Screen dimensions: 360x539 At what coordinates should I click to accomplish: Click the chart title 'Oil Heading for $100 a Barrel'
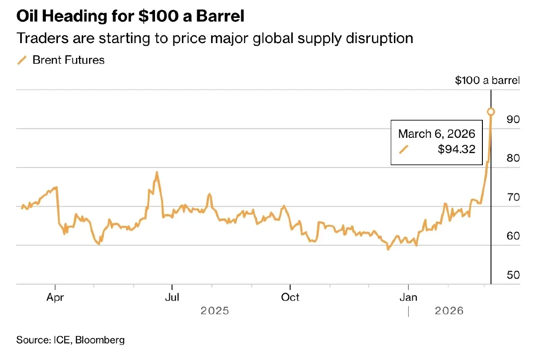(x=130, y=17)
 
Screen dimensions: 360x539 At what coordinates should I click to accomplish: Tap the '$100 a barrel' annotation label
(x=487, y=81)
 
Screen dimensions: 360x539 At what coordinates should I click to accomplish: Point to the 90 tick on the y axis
(x=513, y=119)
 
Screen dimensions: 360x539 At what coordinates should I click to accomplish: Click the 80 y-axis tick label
(x=513, y=158)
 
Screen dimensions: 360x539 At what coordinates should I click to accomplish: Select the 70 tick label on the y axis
(x=513, y=197)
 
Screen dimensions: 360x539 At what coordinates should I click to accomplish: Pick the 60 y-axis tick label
(x=513, y=236)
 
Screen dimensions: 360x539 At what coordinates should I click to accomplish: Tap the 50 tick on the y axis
(x=513, y=275)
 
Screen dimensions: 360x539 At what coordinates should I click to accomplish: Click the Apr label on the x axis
(x=55, y=297)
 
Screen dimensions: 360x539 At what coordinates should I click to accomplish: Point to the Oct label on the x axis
(x=290, y=297)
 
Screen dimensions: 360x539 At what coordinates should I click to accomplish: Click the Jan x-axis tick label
(x=408, y=297)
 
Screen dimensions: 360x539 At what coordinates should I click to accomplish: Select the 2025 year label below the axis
(x=215, y=311)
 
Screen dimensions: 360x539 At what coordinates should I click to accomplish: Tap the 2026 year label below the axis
(x=448, y=311)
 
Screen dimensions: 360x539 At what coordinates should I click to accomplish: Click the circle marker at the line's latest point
(x=491, y=111)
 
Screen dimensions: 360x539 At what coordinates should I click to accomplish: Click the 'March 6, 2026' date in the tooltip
(x=437, y=134)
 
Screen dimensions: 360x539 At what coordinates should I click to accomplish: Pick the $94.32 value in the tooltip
(x=456, y=149)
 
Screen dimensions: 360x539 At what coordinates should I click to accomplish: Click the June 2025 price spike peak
(x=157, y=172)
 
